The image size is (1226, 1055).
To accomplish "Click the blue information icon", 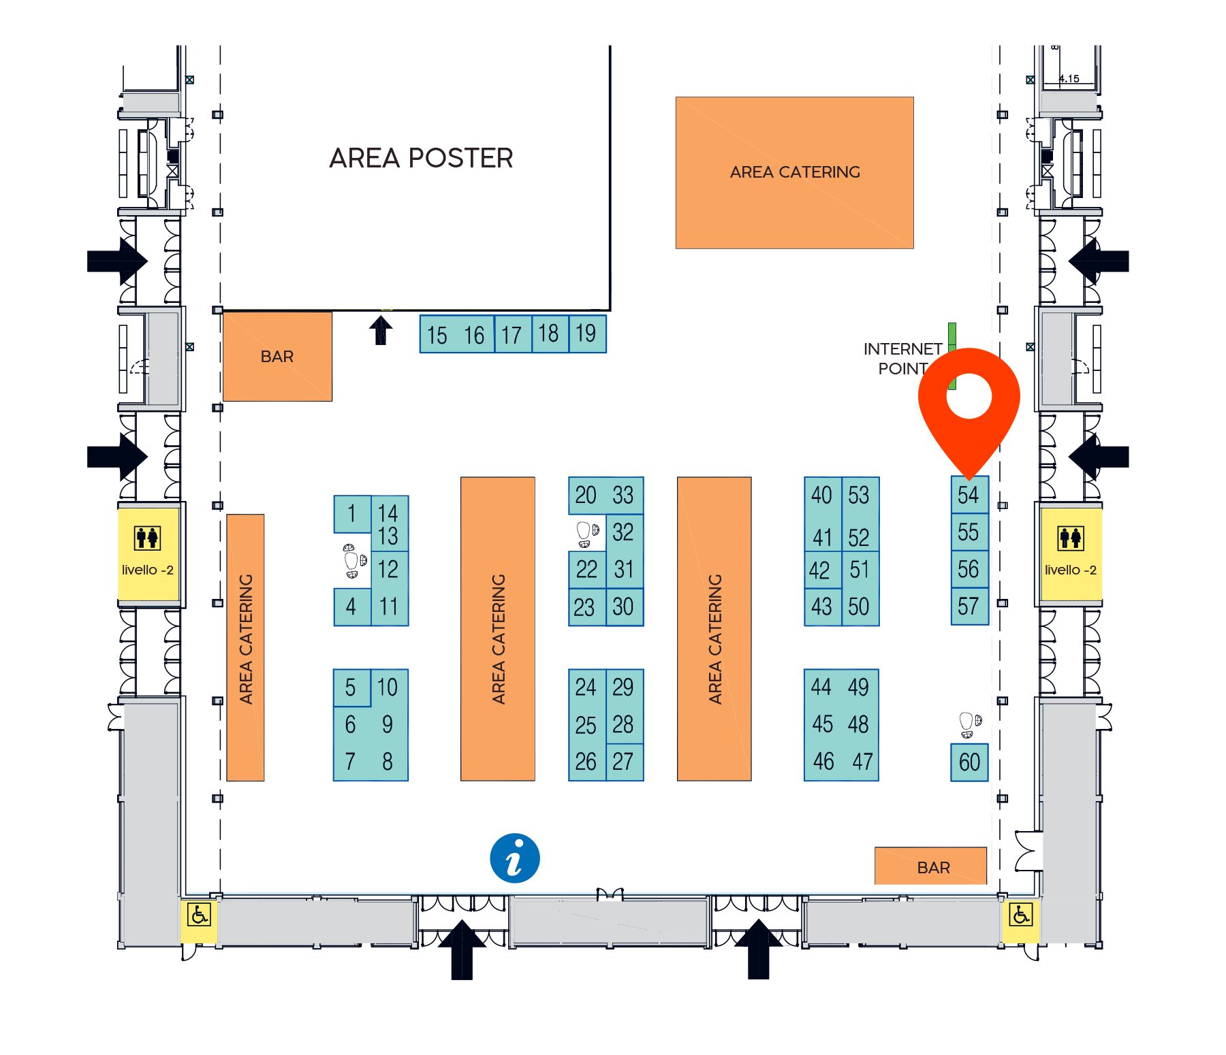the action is coord(515,858).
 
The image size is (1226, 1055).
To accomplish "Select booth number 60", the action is coord(969,762).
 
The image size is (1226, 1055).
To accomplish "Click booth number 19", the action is coord(587,334).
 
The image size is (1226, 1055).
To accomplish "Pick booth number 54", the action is coord(969,495).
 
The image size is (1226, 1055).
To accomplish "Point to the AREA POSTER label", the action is coord(421,158).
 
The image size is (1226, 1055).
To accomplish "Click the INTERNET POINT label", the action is coord(902,359).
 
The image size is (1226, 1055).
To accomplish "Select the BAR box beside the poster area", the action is coord(277,356).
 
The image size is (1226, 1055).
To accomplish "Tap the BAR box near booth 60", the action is coord(930,866).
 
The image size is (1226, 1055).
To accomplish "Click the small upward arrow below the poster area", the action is coord(381,330).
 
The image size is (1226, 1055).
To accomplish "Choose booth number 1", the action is coord(352,514).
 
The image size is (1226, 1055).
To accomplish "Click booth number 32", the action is coord(624,532).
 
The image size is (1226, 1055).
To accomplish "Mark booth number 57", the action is coord(969,606).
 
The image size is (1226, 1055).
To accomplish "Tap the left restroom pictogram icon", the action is coord(147,538).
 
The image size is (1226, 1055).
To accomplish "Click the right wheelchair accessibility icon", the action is coord(1020,914).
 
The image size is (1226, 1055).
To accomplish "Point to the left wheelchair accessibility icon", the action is coord(199,914).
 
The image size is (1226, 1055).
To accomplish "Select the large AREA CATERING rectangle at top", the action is coord(794,173).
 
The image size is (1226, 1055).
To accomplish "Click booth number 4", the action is coord(352,606).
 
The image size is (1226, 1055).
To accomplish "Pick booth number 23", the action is coord(587,607).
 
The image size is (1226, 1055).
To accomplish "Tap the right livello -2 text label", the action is coord(1070,570).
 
